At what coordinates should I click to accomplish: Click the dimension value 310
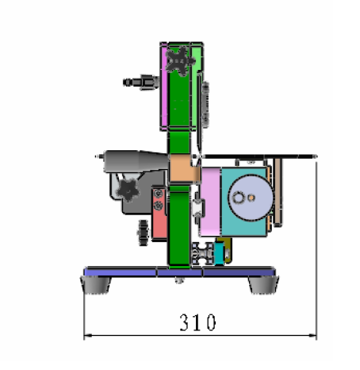(x=197, y=322)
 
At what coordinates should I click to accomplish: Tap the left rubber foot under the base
(x=96, y=284)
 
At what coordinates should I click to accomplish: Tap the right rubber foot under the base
(x=263, y=285)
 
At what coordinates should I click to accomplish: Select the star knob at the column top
(x=180, y=61)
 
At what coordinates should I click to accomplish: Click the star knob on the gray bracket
(x=128, y=190)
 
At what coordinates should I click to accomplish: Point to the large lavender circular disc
(x=251, y=198)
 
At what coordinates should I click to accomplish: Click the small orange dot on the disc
(x=251, y=198)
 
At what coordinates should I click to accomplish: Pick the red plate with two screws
(x=159, y=214)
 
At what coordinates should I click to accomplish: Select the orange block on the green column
(x=183, y=168)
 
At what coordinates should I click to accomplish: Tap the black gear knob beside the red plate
(x=144, y=233)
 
